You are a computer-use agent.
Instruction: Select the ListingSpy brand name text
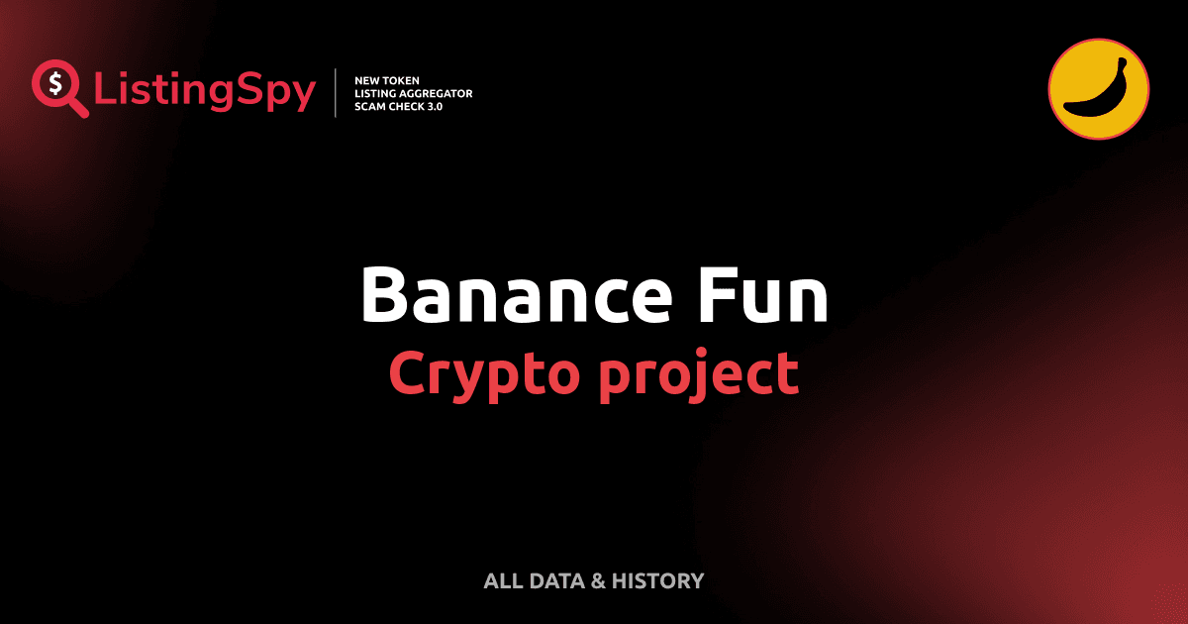[205, 91]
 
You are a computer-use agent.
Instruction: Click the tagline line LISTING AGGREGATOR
[413, 93]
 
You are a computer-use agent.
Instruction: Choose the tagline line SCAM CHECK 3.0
[398, 106]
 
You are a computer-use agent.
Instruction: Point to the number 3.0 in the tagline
[433, 106]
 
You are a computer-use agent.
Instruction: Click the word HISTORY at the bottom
[657, 581]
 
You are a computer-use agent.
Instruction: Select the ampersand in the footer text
[597, 581]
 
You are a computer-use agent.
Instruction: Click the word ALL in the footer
[502, 581]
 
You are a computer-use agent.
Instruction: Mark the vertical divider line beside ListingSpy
[337, 93]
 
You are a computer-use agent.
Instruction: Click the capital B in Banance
[385, 294]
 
